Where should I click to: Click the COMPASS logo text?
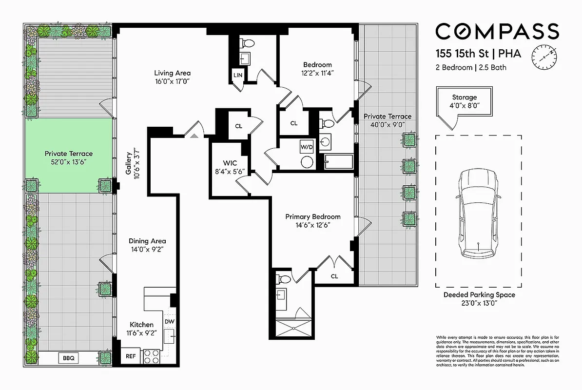click(x=497, y=31)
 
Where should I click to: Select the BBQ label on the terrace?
click(x=68, y=358)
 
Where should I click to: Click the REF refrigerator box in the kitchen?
click(x=131, y=356)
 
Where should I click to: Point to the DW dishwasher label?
click(x=169, y=322)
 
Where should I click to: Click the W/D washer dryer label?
click(x=307, y=146)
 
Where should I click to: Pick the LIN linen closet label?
click(x=238, y=75)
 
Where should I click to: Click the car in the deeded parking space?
click(x=479, y=213)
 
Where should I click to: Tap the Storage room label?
click(x=464, y=97)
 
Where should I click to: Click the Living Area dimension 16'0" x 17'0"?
click(x=169, y=81)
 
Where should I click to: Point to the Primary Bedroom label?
click(x=312, y=216)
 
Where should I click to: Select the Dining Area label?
click(x=147, y=241)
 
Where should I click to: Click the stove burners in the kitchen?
click(x=152, y=357)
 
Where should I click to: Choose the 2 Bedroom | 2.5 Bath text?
click(x=470, y=68)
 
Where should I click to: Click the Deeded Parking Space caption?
click(x=479, y=295)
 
